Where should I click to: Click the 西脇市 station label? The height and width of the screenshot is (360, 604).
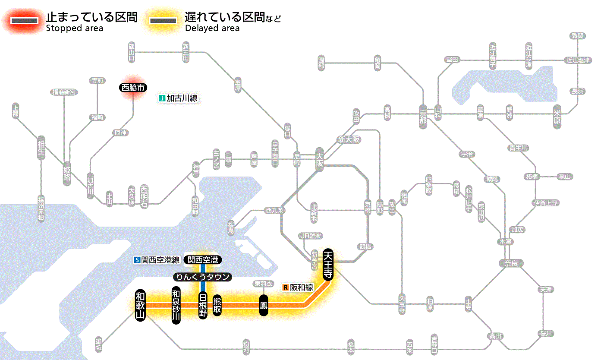pyautogui.click(x=133, y=88)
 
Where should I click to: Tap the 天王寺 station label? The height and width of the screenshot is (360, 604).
pyautogui.click(x=328, y=265)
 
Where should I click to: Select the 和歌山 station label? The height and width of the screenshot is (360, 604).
pyautogui.click(x=140, y=305)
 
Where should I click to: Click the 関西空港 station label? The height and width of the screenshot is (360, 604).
pyautogui.click(x=202, y=260)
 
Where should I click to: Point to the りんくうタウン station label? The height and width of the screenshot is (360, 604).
pyautogui.click(x=202, y=277)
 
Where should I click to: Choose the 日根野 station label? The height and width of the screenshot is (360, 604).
pyautogui.click(x=203, y=305)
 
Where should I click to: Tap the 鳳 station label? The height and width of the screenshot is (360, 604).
pyautogui.click(x=264, y=305)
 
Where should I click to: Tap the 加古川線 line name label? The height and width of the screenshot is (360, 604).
pyautogui.click(x=178, y=98)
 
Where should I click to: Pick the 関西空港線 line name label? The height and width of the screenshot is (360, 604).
pyautogui.click(x=157, y=260)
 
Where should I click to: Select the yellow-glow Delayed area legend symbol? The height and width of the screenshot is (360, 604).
pyautogui.click(x=163, y=20)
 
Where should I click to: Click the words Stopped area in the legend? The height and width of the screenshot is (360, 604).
pyautogui.click(x=75, y=28)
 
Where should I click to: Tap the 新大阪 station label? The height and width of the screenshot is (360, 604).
pyautogui.click(x=349, y=140)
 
